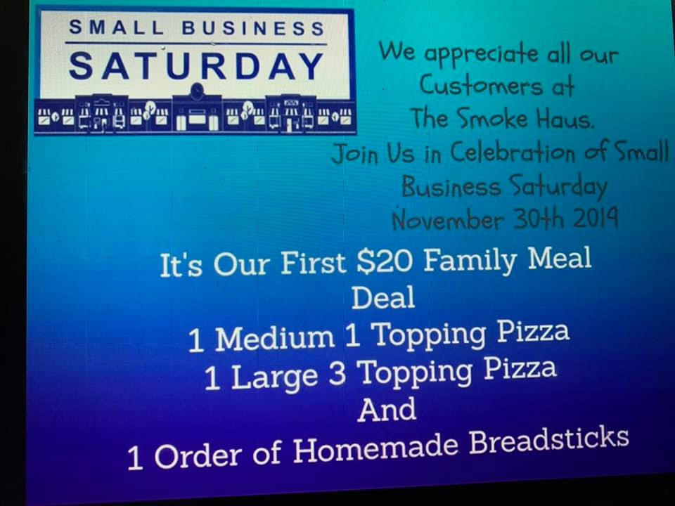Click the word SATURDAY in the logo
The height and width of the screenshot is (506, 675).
click(x=196, y=66)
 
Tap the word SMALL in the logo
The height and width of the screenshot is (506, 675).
click(x=117, y=27)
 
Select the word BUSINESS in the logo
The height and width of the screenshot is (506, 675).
click(x=253, y=28)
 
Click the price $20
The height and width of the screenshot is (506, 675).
click(x=385, y=261)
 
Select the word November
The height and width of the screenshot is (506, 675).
click(x=448, y=220)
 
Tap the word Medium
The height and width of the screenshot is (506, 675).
click(x=275, y=338)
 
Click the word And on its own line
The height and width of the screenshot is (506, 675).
click(x=387, y=409)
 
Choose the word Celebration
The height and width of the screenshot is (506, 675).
click(x=513, y=153)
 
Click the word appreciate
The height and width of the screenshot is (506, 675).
click(x=481, y=54)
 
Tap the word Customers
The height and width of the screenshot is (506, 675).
click(x=481, y=86)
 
